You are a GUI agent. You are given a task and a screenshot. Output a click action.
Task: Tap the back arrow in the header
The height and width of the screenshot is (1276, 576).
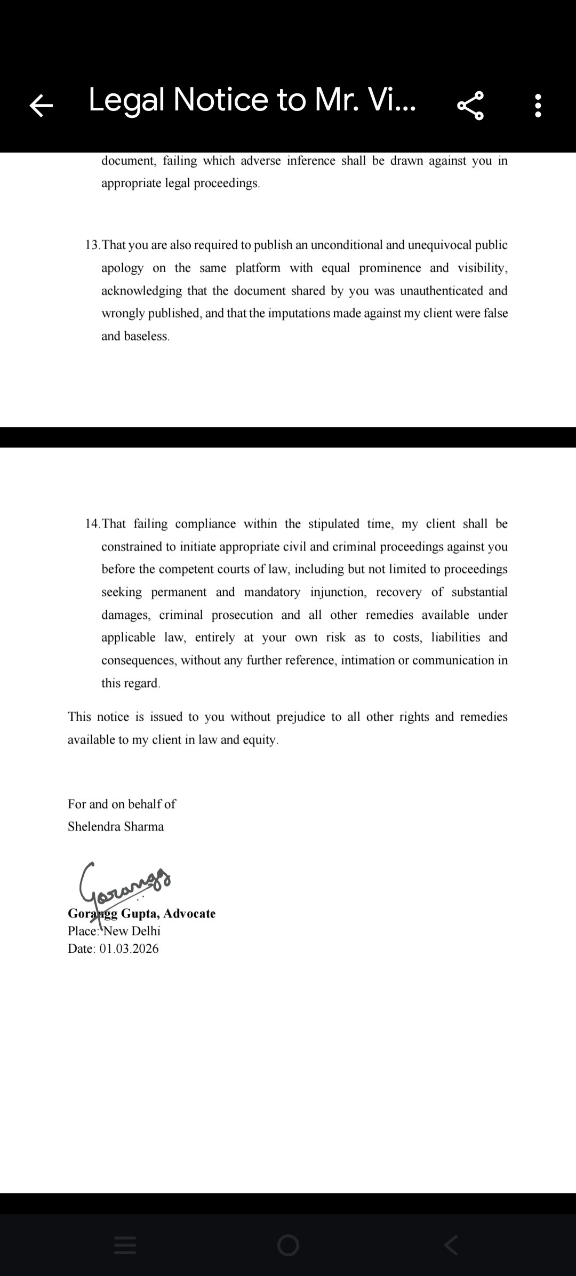(41, 105)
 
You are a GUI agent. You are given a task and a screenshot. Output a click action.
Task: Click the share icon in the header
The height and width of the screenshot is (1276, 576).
(470, 105)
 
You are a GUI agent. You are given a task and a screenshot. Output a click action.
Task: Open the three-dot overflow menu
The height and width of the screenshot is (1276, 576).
(538, 105)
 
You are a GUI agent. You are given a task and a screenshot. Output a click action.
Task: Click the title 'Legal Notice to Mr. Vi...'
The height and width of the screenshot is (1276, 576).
(252, 100)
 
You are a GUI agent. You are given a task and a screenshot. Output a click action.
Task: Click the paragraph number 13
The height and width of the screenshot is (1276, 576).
(92, 245)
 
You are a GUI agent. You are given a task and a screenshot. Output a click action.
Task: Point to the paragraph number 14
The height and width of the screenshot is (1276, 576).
(92, 524)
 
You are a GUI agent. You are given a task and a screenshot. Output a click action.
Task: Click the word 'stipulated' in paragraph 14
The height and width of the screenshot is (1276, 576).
(334, 524)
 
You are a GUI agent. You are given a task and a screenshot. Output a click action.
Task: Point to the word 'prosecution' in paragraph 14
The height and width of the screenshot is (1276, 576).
(242, 615)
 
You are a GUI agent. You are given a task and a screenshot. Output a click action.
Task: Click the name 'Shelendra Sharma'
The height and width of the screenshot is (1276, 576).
(116, 827)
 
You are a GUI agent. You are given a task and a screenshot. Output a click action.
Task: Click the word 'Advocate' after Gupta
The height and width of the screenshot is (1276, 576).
(189, 914)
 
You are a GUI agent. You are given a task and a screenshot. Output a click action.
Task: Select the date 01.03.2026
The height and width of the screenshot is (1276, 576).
(129, 948)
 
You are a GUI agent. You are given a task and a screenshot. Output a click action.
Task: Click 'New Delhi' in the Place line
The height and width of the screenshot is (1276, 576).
(132, 931)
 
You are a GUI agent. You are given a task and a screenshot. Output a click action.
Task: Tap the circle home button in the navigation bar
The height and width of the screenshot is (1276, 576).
(288, 1246)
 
